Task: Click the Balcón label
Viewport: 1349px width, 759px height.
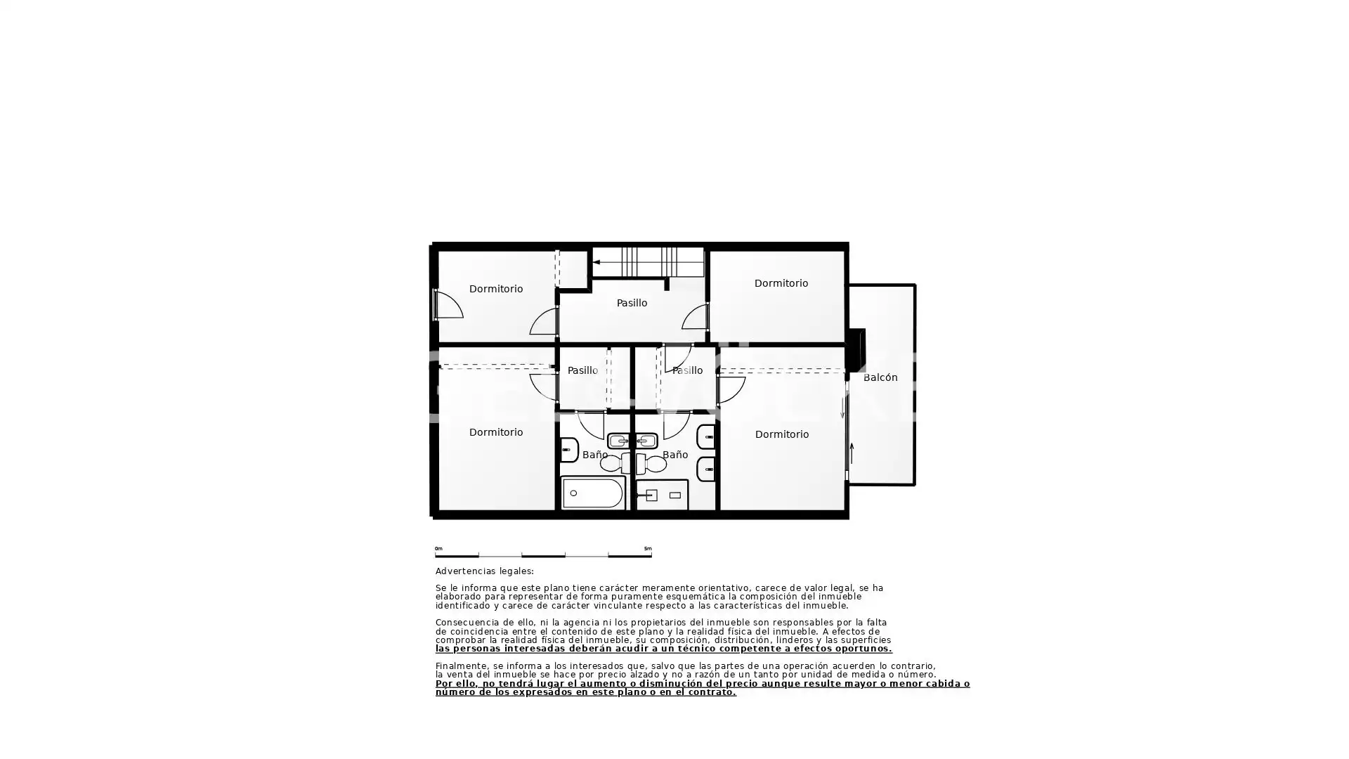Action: click(880, 377)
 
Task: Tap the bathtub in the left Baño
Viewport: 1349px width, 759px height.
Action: click(592, 493)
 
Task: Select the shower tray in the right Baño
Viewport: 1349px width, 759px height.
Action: click(662, 495)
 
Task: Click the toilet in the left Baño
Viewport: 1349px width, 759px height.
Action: click(616, 463)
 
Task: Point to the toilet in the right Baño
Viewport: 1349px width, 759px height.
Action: click(651, 463)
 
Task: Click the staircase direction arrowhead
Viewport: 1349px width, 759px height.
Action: click(597, 262)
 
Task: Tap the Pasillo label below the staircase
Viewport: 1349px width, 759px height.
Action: click(632, 303)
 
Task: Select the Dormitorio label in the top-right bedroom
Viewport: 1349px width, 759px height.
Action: click(781, 283)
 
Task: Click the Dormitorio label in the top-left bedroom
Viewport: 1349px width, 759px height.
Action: click(496, 289)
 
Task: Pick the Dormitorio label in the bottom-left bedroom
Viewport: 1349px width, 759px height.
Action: click(496, 432)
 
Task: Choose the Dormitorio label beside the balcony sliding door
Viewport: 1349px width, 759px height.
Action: click(782, 434)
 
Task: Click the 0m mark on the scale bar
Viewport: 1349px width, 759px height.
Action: click(438, 549)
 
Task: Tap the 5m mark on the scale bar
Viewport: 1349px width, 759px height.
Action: click(648, 549)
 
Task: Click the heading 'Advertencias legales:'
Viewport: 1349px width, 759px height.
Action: click(484, 571)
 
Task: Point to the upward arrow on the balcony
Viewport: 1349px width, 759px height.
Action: click(852, 453)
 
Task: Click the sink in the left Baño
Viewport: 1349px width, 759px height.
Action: click(619, 441)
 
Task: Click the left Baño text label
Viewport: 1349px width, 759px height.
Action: click(595, 455)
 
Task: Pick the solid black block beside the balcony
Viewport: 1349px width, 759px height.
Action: click(856, 349)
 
